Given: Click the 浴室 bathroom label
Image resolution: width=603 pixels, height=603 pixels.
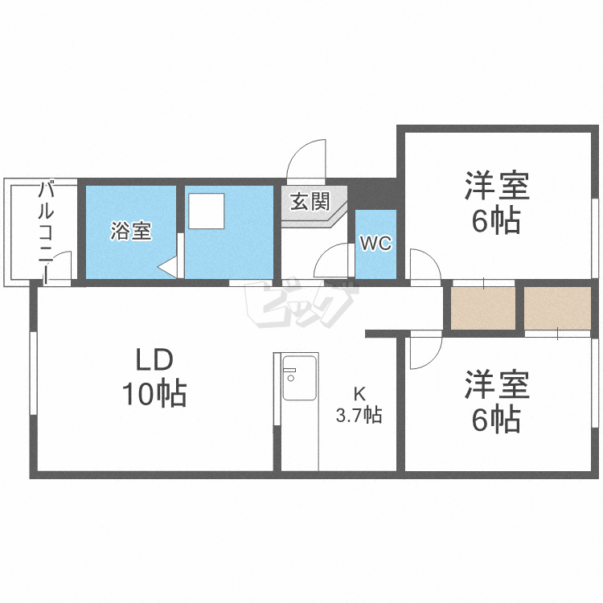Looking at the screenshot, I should pyautogui.click(x=131, y=232).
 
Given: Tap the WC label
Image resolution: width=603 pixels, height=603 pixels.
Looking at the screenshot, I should pyautogui.click(x=375, y=244).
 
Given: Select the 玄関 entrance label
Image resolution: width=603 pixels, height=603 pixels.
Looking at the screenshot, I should pyautogui.click(x=310, y=201).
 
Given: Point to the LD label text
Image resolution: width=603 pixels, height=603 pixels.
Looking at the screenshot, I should pyautogui.click(x=154, y=359).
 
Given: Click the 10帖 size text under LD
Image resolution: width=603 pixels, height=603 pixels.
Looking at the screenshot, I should pyautogui.click(x=154, y=394).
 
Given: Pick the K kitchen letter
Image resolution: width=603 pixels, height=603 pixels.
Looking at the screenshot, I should pyautogui.click(x=359, y=394).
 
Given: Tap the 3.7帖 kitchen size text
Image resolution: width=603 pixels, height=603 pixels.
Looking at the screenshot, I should pyautogui.click(x=359, y=416).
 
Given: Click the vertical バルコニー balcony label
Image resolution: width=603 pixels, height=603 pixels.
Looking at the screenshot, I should pyautogui.click(x=46, y=233).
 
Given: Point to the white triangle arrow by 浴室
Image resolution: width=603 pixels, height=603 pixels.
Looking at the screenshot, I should pyautogui.click(x=167, y=267).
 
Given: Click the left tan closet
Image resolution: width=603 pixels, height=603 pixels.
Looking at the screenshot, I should pyautogui.click(x=482, y=307).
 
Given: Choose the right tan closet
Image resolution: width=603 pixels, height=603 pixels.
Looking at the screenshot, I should pyautogui.click(x=558, y=307).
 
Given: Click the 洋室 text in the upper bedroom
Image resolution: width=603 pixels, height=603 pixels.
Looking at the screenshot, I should pyautogui.click(x=496, y=186).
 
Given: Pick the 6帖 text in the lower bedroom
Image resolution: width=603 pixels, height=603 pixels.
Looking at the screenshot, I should pyautogui.click(x=496, y=419).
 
